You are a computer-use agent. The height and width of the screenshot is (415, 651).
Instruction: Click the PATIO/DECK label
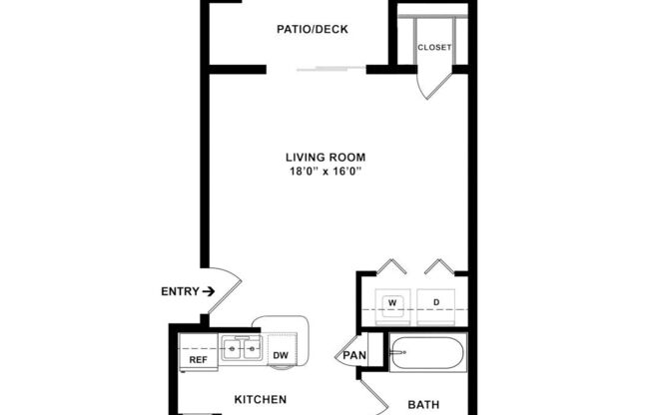point(313,29)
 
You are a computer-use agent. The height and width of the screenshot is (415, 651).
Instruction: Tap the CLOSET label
point(434,48)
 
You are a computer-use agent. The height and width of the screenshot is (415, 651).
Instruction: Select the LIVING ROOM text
point(325,157)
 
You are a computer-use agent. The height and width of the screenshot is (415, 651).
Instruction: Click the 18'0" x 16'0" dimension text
point(325,172)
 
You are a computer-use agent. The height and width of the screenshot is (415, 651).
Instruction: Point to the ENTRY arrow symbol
point(208,291)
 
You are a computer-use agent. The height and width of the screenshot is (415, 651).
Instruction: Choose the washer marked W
point(392,301)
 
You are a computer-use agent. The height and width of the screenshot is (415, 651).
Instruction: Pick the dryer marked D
point(435,301)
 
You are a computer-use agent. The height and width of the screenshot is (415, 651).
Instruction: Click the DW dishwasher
point(281,354)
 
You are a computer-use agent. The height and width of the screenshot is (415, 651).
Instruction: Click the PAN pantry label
point(354,355)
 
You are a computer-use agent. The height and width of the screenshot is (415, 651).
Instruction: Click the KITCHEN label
point(260,399)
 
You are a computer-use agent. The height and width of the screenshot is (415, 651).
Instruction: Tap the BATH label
point(424,404)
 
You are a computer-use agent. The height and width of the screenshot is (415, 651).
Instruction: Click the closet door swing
point(433,84)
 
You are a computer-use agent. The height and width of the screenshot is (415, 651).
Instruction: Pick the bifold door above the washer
point(391,266)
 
